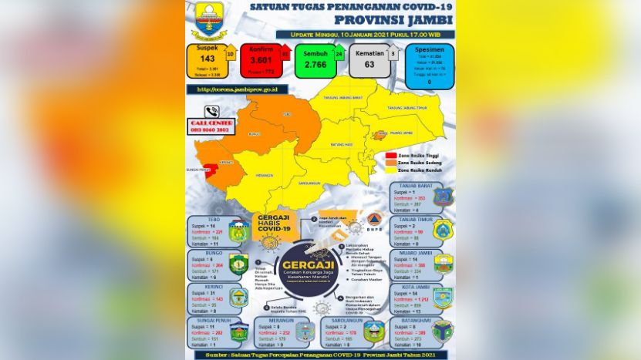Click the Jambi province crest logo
point(209,20)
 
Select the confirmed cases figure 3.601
point(258,59)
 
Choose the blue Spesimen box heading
point(429,49)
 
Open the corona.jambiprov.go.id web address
point(238,89)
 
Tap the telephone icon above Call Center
point(211,111)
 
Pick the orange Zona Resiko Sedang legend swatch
point(390,163)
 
